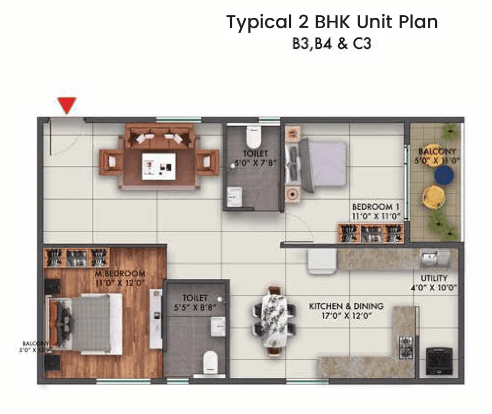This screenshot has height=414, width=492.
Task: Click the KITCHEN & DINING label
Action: point(346,306)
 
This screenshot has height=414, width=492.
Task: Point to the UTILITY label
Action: point(434,278)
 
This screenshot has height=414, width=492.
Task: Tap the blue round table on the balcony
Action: point(444,174)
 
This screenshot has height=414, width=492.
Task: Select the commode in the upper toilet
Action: point(253,137)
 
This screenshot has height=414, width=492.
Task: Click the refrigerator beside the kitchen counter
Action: point(321,260)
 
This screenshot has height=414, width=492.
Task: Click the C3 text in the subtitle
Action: point(362,43)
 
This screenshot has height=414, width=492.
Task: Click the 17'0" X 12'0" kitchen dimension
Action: point(346,316)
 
